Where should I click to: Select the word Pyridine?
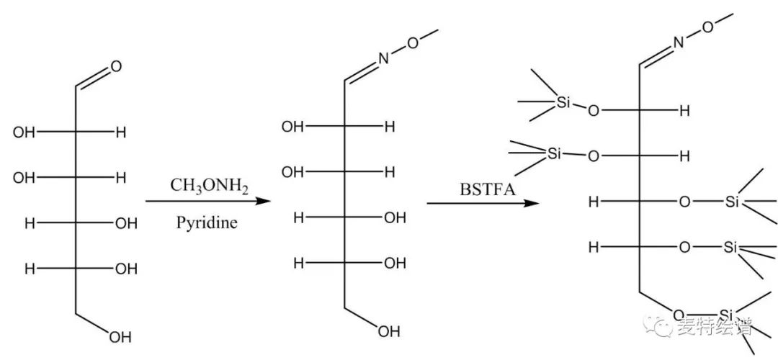207,222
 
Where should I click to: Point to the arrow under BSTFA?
483,204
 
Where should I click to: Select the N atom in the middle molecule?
383,60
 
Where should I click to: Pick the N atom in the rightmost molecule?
678,42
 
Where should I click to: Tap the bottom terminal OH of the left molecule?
121,336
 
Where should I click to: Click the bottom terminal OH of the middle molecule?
389,331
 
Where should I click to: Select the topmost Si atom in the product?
563,103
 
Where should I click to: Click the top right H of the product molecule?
685,111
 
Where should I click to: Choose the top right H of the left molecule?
121,132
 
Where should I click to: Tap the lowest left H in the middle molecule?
298,264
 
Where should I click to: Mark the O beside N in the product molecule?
708,27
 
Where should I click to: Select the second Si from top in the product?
553,153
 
